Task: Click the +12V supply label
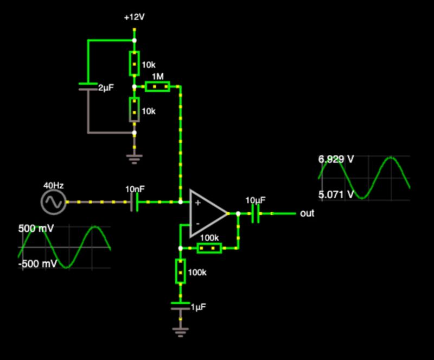point(134,17)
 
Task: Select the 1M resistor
point(157,86)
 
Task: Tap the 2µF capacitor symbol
point(87,86)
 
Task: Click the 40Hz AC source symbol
point(54,203)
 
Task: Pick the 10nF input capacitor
point(136,202)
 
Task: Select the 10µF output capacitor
point(256,213)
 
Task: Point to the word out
point(307,213)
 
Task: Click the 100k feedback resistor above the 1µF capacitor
point(180,270)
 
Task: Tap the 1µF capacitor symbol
point(180,306)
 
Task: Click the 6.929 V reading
point(336,160)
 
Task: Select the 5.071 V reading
point(336,194)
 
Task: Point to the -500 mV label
point(37,264)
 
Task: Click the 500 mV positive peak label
point(36,229)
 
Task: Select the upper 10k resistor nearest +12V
point(135,64)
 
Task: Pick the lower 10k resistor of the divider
point(135,110)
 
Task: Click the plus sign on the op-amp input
point(197,203)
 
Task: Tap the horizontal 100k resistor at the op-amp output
point(209,248)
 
